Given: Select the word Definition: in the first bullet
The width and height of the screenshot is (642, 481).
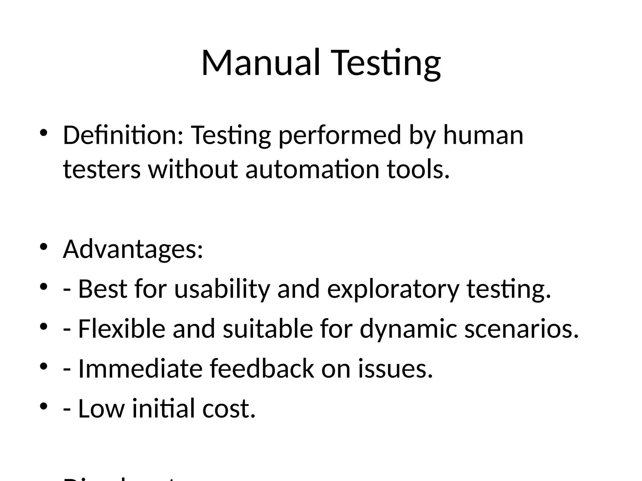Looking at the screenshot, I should [123, 135].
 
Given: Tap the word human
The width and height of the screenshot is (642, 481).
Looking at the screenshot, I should [483, 135].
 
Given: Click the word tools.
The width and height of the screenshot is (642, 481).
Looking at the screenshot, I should [418, 169].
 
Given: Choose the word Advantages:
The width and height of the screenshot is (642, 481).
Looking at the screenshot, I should [133, 249].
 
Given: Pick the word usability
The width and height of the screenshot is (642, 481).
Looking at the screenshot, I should [222, 289].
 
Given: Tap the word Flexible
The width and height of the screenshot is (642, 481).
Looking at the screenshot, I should [122, 329].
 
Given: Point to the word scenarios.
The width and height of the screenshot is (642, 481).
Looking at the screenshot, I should [521, 329].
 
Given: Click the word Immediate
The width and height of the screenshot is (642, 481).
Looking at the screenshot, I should [140, 369].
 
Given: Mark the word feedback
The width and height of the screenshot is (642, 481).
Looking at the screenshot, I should [262, 369].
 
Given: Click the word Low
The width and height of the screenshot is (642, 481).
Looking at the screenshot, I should [101, 408].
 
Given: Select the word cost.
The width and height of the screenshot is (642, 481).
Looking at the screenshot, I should [229, 408].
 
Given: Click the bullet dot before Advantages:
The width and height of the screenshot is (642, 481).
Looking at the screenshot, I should [44, 247].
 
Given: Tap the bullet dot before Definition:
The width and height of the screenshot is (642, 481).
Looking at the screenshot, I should [44, 133].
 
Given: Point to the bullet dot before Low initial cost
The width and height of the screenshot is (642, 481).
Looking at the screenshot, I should [44, 406].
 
